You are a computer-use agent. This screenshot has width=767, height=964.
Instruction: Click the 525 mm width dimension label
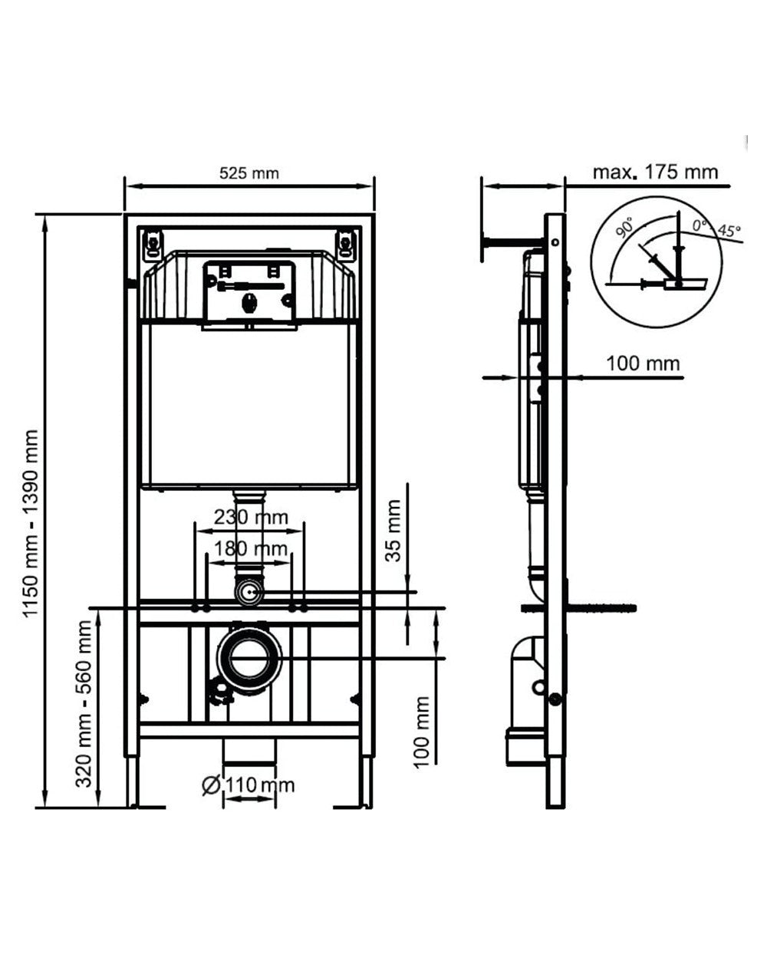[x=249, y=173]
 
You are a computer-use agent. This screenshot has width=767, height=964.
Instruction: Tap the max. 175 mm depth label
[x=655, y=171]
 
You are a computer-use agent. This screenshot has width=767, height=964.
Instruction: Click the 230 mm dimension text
[x=251, y=517]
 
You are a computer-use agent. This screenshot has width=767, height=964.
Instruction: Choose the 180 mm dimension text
[x=251, y=549]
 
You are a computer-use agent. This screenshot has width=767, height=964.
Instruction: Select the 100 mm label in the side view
[x=643, y=363]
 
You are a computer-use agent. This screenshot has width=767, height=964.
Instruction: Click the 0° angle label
[x=699, y=225]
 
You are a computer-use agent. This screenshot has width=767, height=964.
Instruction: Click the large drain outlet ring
[x=249, y=658]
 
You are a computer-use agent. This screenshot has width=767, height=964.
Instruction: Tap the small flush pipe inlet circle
[x=249, y=592]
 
